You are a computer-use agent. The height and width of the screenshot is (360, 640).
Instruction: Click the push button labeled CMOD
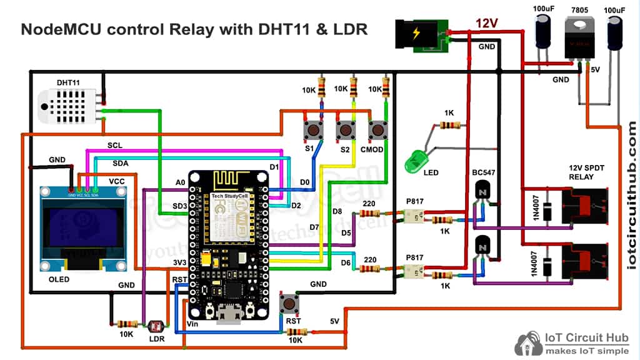[x=377, y=129]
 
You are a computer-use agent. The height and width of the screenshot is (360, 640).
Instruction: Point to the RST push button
[x=289, y=304]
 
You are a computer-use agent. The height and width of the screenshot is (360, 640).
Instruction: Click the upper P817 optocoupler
[x=413, y=216]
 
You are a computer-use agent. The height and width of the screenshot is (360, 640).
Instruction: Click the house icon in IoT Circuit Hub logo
[x=527, y=343]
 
